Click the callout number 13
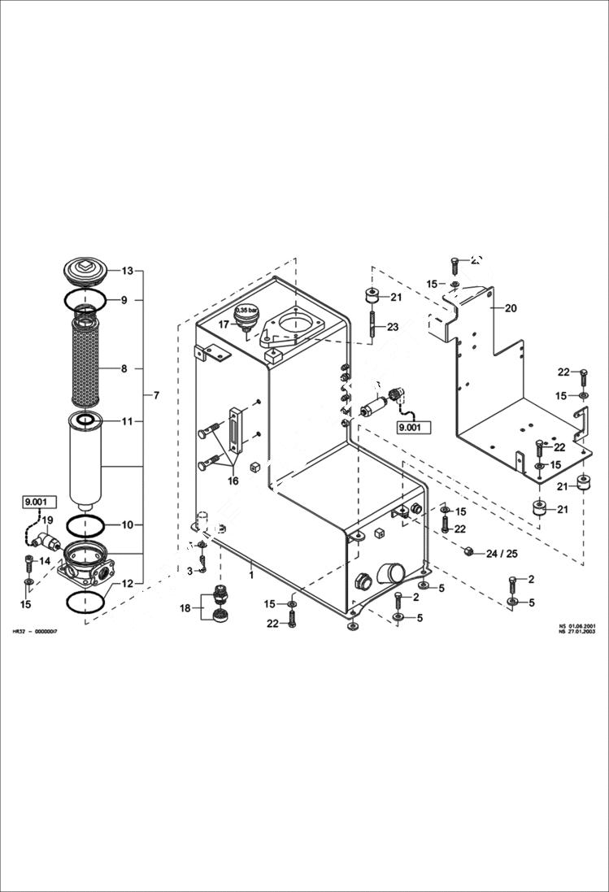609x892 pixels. (127, 270)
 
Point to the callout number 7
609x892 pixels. (156, 395)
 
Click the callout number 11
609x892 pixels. (127, 421)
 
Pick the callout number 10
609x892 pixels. (127, 524)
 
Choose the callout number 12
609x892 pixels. (127, 583)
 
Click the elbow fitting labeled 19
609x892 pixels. (48, 538)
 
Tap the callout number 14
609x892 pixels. (45, 561)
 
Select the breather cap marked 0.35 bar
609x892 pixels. (246, 316)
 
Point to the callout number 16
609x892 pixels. (233, 481)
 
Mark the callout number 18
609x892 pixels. (185, 608)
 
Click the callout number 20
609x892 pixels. (511, 308)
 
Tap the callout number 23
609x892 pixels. (393, 327)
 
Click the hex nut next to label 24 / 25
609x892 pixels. (469, 552)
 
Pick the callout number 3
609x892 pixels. (190, 572)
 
